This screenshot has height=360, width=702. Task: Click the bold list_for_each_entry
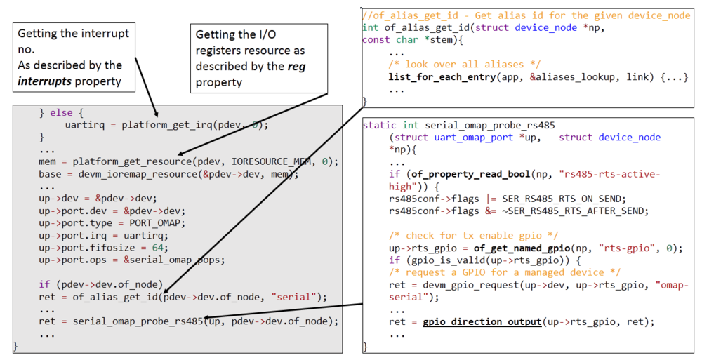(440, 76)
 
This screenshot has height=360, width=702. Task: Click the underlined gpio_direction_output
(482, 321)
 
